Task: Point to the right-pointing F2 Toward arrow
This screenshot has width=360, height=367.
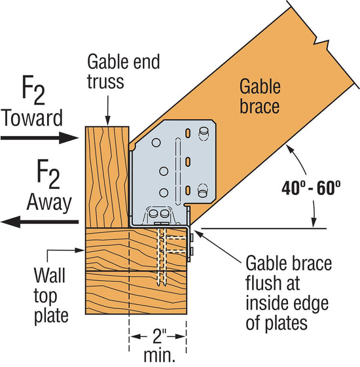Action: pyautogui.click(x=39, y=137)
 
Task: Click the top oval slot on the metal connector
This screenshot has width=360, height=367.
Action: pyautogui.click(x=189, y=133)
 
